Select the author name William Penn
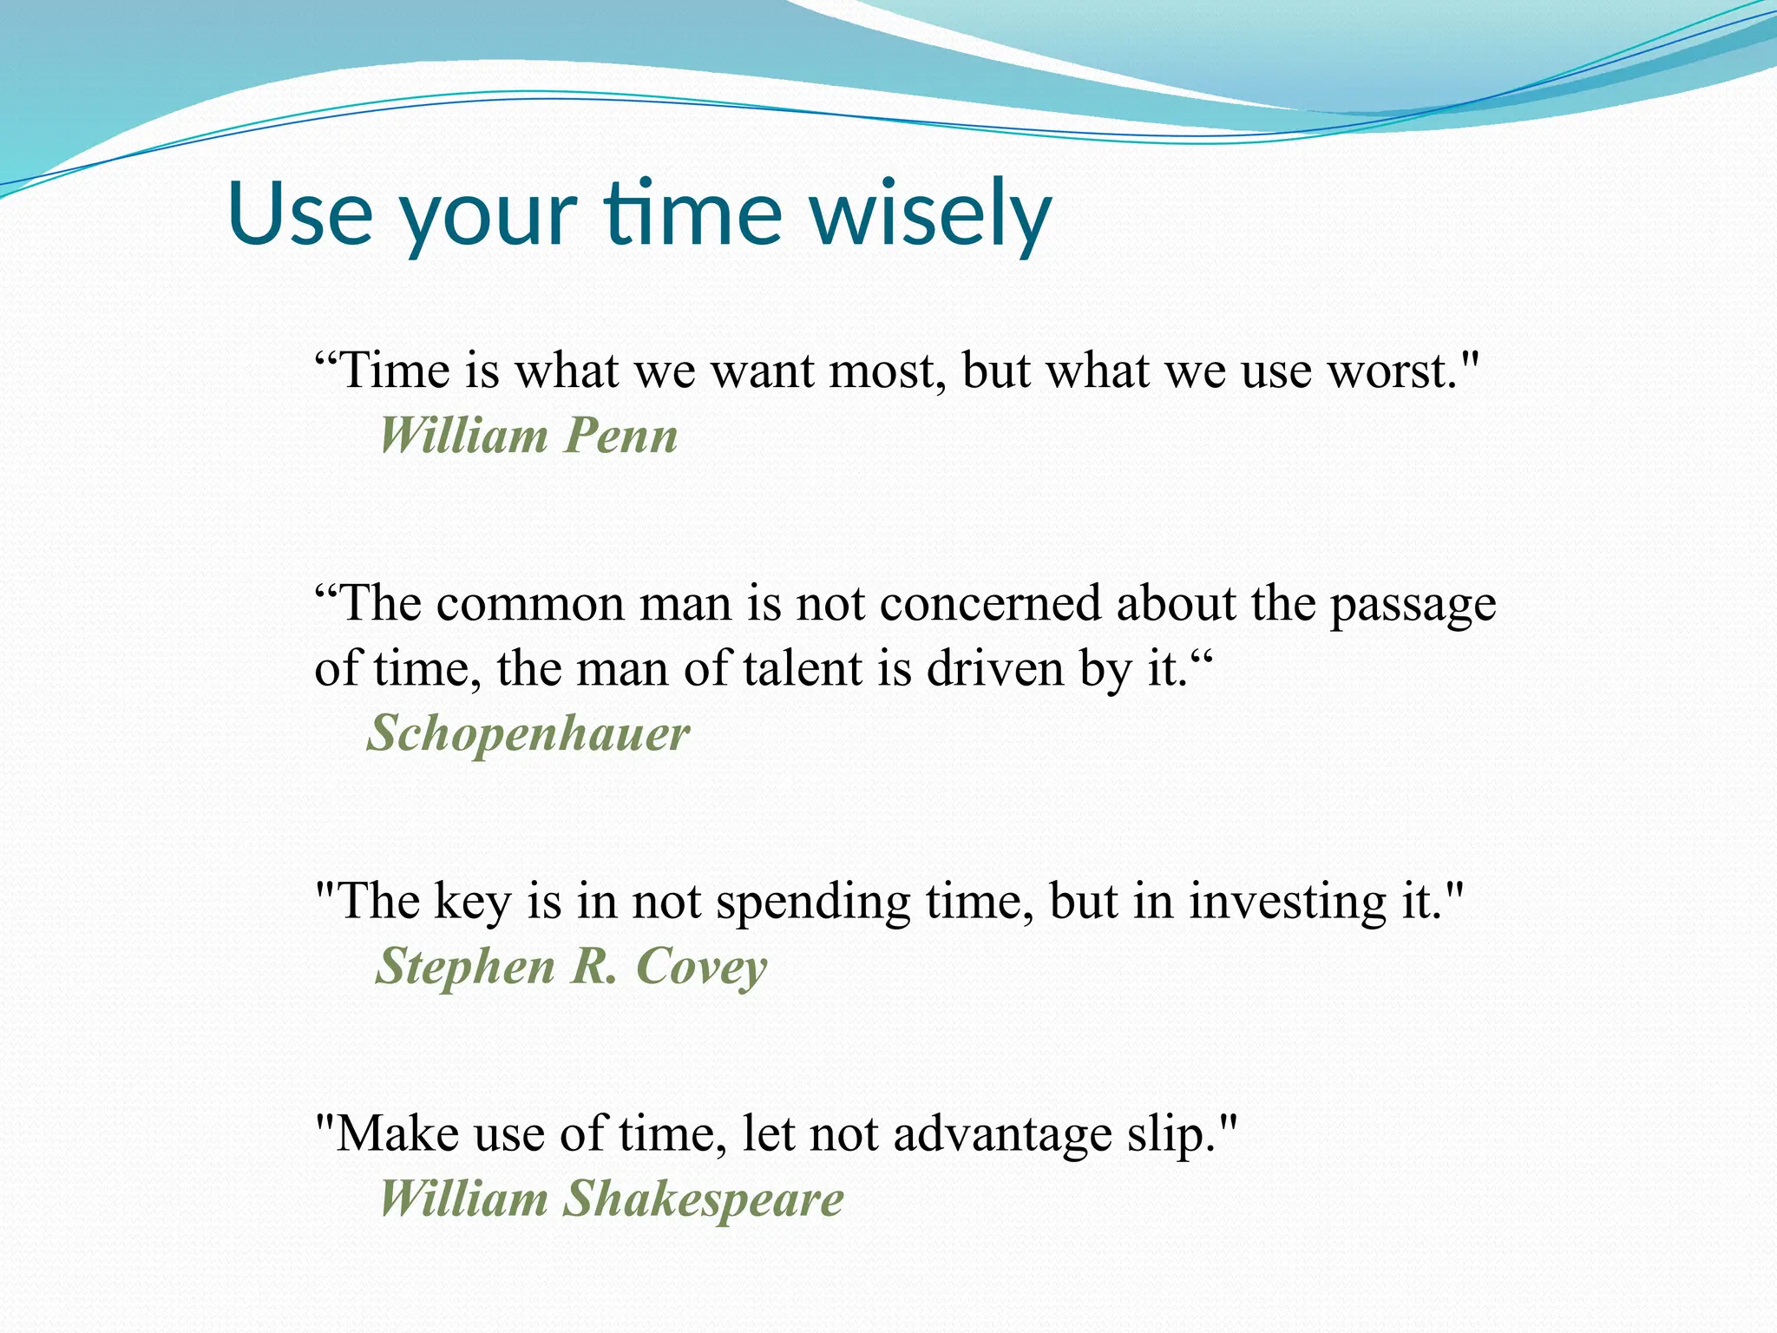coord(528,436)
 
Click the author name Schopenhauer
coord(528,734)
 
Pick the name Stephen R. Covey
coord(571,967)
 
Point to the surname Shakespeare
coord(703,1199)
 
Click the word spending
coord(813,903)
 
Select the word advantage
coord(1002,1135)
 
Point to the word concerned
coord(990,604)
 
